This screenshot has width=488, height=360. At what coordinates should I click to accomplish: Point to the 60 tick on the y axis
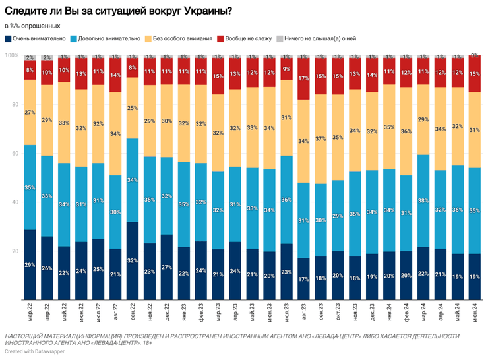click(x=14, y=153)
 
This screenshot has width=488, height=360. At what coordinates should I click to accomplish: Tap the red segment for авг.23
click(x=304, y=78)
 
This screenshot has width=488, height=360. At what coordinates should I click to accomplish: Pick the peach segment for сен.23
click(x=321, y=139)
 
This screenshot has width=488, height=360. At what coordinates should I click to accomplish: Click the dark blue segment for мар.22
click(x=30, y=264)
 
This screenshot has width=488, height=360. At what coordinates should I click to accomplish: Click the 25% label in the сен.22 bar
click(x=133, y=108)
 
